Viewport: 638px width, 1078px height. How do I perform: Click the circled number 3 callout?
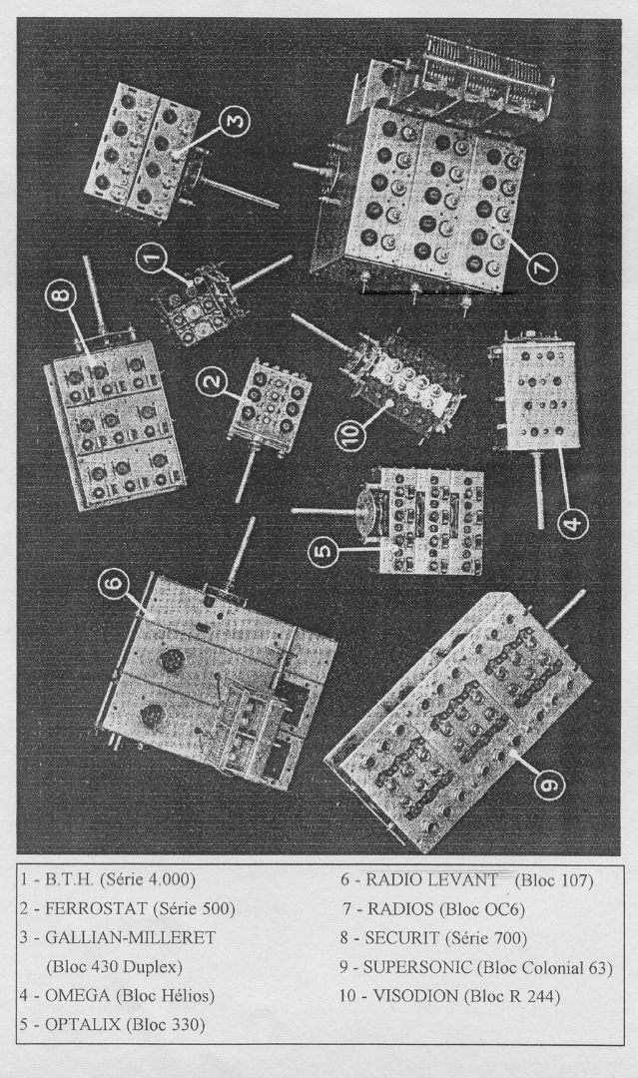pyautogui.click(x=234, y=122)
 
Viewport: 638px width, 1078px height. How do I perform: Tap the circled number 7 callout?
pyautogui.click(x=542, y=267)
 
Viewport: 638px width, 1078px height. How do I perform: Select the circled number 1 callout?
pyautogui.click(x=152, y=260)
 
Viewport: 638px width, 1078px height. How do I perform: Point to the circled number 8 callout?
pyautogui.click(x=61, y=298)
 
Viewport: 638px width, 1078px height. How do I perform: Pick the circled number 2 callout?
pyautogui.click(x=212, y=380)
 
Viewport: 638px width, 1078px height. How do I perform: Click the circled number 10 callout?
pyautogui.click(x=350, y=434)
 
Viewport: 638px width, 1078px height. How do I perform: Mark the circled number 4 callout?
pyautogui.click(x=572, y=524)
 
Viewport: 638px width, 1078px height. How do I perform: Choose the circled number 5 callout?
pyautogui.click(x=323, y=550)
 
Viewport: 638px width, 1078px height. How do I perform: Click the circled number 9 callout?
pyautogui.click(x=548, y=784)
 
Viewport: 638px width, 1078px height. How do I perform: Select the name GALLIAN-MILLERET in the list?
pyautogui.click(x=130, y=937)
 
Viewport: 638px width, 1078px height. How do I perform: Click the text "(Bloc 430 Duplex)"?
pyautogui.click(x=114, y=966)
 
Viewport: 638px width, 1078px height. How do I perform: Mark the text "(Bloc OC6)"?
pyautogui.click(x=481, y=909)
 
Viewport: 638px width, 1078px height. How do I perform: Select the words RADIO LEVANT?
pyautogui.click(x=431, y=879)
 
